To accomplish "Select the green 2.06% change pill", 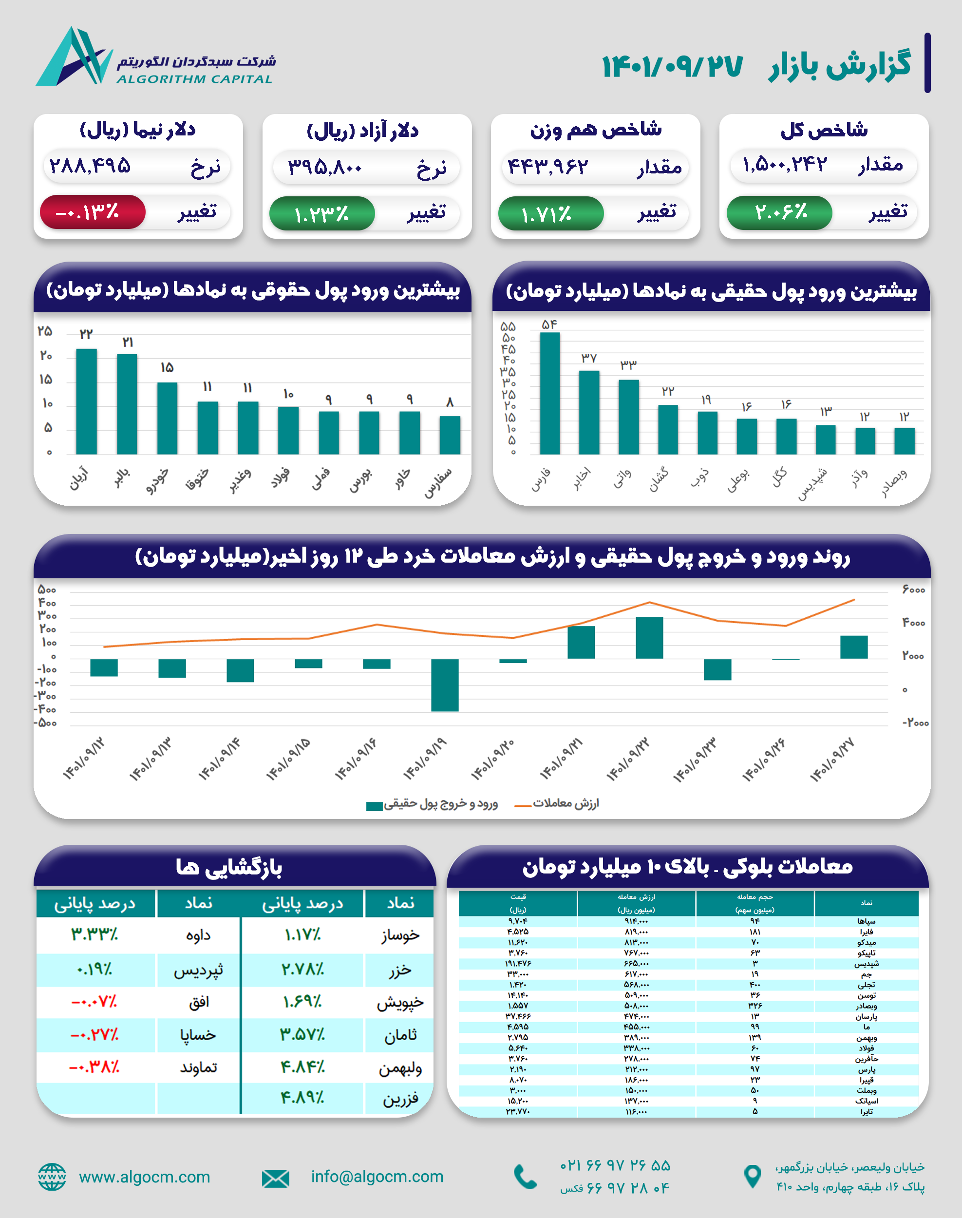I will [x=779, y=212].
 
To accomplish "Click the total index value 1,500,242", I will [x=785, y=165].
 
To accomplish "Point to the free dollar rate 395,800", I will [x=325, y=167].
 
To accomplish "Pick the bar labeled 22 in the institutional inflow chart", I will [x=86, y=401].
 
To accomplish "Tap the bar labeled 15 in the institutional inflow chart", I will [x=167, y=418].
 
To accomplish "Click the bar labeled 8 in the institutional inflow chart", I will [x=450, y=435].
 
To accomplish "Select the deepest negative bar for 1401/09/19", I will [x=444, y=685].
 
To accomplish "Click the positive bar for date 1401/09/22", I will [x=649, y=638].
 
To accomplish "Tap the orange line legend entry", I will [x=557, y=803].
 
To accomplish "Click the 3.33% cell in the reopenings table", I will [x=94, y=934].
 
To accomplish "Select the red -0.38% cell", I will [x=94, y=1067].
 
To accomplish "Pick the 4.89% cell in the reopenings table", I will [x=302, y=1098].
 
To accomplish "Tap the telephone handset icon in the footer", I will [x=526, y=1177].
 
